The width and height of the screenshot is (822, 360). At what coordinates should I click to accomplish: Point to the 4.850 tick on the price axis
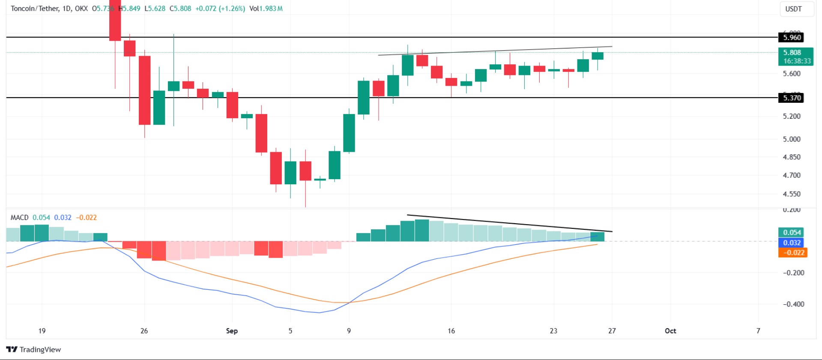click(x=791, y=157)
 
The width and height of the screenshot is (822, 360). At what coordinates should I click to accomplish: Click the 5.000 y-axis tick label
click(x=791, y=139)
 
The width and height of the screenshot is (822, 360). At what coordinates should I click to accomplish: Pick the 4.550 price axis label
click(x=791, y=194)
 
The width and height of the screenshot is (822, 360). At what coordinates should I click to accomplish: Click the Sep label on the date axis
click(x=232, y=330)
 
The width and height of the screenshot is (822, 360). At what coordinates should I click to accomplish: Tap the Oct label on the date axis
click(x=670, y=330)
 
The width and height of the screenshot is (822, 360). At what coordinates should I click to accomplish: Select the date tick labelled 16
click(x=451, y=330)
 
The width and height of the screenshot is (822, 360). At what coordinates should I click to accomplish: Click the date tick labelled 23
click(x=553, y=330)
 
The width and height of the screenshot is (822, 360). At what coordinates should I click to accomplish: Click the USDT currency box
click(x=793, y=9)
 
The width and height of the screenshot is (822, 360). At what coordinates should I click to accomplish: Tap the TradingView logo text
click(x=40, y=349)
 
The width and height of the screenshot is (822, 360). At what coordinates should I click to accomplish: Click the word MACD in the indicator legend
click(x=20, y=217)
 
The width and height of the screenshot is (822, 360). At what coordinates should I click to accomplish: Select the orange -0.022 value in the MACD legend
click(x=87, y=217)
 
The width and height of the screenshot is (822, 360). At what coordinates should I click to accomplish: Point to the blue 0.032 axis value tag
click(x=792, y=243)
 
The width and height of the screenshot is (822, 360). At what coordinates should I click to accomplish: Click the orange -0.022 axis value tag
click(x=792, y=252)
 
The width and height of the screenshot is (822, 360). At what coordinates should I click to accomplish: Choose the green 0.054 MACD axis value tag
click(x=792, y=232)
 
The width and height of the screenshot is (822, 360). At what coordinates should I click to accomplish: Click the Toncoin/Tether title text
click(x=34, y=8)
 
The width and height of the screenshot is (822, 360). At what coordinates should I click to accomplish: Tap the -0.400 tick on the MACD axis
click(x=793, y=304)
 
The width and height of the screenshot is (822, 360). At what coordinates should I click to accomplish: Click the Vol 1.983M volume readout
click(x=266, y=8)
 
